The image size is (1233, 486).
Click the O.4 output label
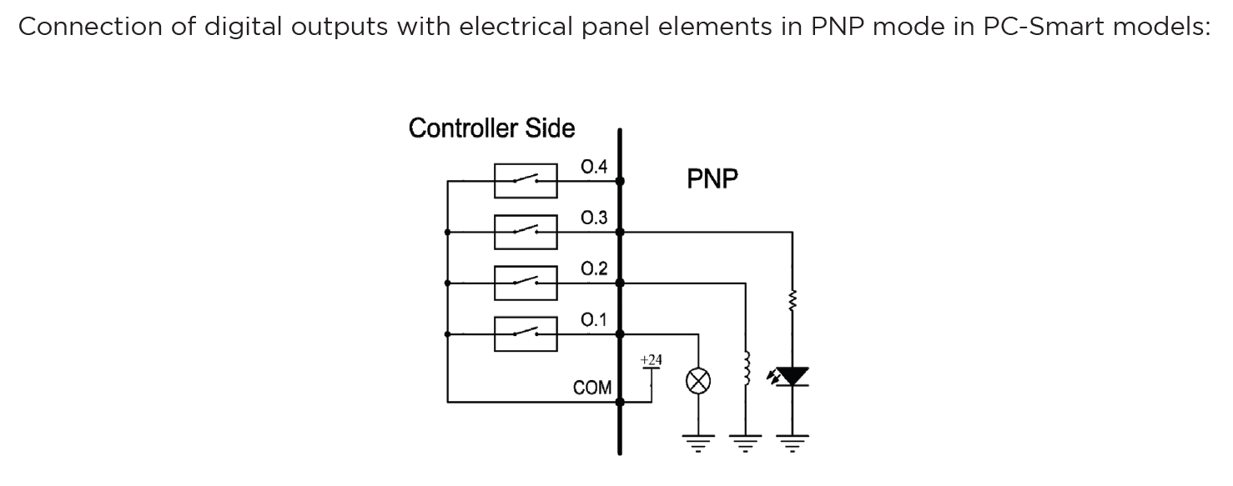593,167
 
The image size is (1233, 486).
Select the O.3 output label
593,218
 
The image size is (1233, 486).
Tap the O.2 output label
593,269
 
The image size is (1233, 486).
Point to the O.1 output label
593,320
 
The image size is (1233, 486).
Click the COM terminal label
592,388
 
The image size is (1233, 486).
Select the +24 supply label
651,360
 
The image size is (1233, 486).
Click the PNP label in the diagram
712,180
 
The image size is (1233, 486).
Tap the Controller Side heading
491,128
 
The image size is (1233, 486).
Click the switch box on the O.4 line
526,180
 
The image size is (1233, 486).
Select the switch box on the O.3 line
526,232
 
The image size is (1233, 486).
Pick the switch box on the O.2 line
526,283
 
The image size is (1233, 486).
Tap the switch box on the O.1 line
526,333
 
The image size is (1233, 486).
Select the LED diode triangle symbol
792,377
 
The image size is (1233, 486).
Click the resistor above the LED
792,299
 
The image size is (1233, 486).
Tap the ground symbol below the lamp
697,441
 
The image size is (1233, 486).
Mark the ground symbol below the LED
792,441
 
